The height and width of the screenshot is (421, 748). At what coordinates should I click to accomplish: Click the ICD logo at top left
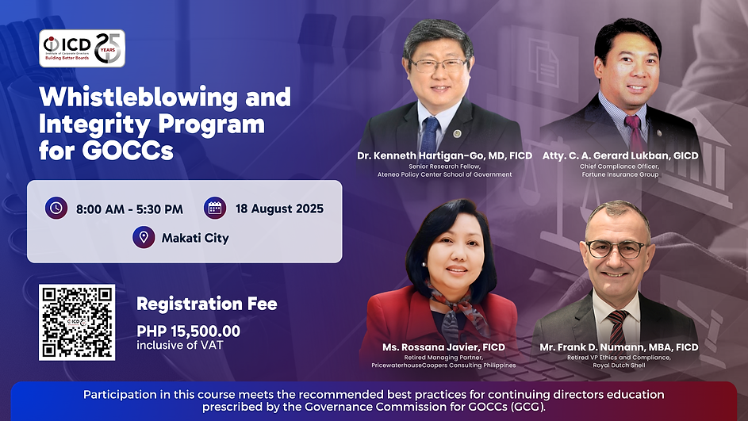pyautogui.click(x=82, y=48)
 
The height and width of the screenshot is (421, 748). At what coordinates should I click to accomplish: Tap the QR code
pyautogui.click(x=77, y=322)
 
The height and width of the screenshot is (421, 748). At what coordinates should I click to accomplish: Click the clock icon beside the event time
pyautogui.click(x=56, y=209)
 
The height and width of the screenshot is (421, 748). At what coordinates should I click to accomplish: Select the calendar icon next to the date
pyautogui.click(x=214, y=209)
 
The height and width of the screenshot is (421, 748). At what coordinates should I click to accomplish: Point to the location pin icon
pyautogui.click(x=144, y=237)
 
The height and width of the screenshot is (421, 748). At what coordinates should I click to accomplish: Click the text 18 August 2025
pyautogui.click(x=279, y=209)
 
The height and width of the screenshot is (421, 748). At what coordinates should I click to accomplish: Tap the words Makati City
pyautogui.click(x=195, y=238)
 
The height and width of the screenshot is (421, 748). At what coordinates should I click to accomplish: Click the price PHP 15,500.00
pyautogui.click(x=188, y=331)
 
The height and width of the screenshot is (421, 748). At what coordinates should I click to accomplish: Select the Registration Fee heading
pyautogui.click(x=206, y=304)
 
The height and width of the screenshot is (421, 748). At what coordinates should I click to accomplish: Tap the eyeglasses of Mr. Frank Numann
pyautogui.click(x=616, y=249)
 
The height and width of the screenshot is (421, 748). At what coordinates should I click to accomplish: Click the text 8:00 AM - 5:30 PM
pyautogui.click(x=129, y=209)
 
